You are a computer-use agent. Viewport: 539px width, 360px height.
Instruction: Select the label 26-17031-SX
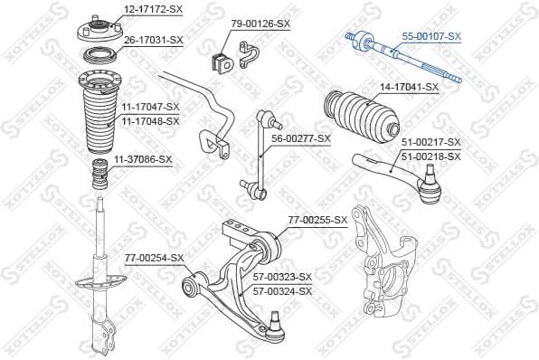(153, 40)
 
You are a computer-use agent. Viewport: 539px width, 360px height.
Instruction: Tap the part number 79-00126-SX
(260, 24)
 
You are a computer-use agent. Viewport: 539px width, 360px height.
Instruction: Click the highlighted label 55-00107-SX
(430, 36)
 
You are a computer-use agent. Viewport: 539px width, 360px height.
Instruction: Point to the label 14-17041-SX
(409, 87)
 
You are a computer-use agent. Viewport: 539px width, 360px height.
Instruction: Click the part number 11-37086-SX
(142, 159)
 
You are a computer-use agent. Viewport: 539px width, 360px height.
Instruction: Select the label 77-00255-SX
(317, 220)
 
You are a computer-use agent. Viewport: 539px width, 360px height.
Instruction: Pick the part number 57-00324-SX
(282, 291)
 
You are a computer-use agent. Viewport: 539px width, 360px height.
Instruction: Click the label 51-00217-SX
(430, 143)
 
